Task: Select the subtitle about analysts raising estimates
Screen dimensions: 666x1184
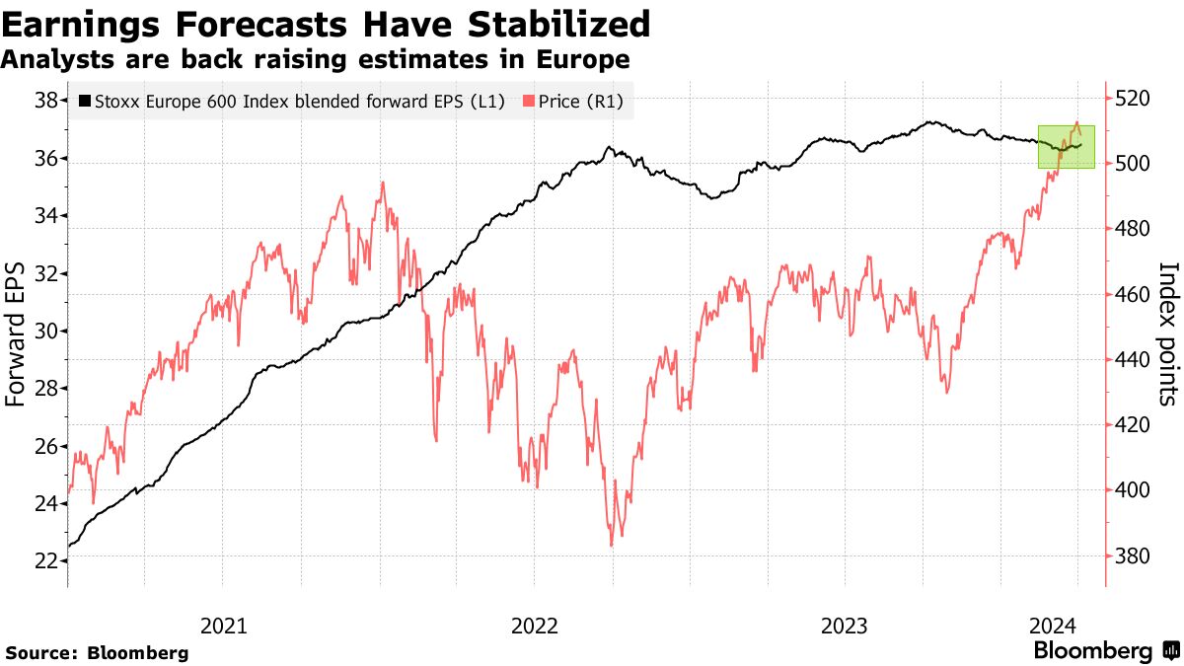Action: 315,60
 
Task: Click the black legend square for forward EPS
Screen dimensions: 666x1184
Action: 84,101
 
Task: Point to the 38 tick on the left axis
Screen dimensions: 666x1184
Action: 45,101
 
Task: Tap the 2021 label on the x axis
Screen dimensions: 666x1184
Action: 223,625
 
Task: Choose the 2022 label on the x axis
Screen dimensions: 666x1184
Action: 534,625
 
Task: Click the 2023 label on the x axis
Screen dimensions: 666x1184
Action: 845,625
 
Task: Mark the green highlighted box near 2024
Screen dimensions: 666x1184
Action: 1067,146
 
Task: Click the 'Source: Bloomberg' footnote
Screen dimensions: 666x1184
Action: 97,653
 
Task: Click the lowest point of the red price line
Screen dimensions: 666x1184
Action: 612,545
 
